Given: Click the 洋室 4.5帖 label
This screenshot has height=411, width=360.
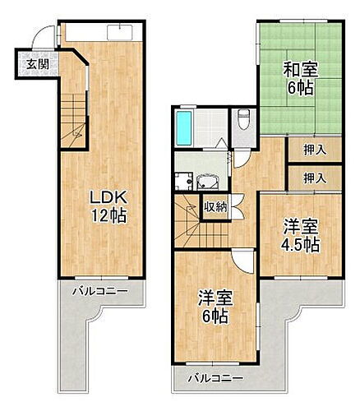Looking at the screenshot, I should click(300, 234).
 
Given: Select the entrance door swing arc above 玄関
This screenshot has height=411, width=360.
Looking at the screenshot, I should click(47, 36).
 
